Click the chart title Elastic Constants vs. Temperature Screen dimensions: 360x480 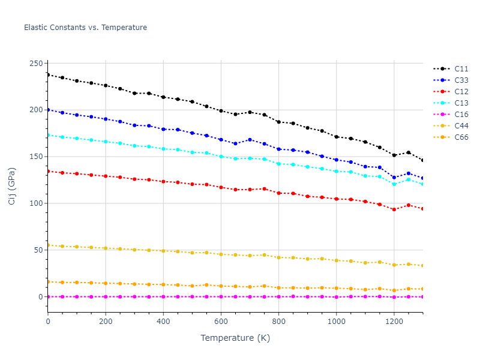click(x=85, y=28)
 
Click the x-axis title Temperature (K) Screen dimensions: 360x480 click(x=235, y=338)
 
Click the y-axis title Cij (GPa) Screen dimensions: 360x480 click(x=12, y=187)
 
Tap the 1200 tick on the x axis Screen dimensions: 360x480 click(x=394, y=321)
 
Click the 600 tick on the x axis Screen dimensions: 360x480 click(x=221, y=321)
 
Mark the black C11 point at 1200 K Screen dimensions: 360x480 click(x=394, y=155)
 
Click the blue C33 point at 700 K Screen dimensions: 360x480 click(x=250, y=140)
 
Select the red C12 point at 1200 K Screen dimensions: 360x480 click(x=394, y=209)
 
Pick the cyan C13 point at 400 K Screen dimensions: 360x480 click(x=163, y=149)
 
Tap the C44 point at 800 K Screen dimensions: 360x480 click(x=278, y=257)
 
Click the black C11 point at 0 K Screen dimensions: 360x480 click(x=48, y=75)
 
